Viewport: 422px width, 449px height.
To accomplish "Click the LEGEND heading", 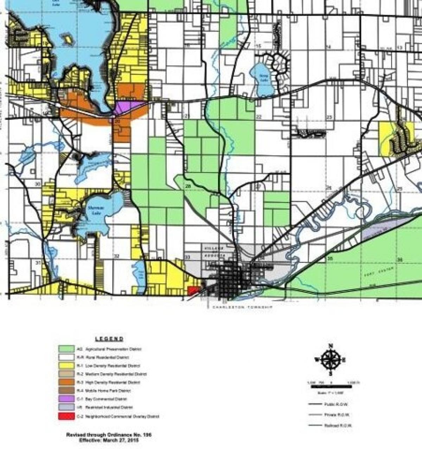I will (x=109, y=339).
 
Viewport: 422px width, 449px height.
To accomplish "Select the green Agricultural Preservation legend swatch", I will (x=66, y=349).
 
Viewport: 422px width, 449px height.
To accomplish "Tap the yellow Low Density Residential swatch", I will (x=66, y=366).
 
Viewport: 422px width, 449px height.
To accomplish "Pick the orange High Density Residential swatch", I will (x=66, y=382).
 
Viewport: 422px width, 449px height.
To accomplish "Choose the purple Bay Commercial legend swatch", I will (x=66, y=399).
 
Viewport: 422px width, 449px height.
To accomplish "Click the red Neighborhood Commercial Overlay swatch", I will (x=66, y=416).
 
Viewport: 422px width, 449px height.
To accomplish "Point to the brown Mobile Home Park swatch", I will (x=66, y=391).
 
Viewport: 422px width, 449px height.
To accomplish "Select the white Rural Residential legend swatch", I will (x=66, y=357).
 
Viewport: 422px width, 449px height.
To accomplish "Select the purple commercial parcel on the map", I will (x=128, y=107).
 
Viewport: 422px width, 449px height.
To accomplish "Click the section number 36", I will (x=399, y=259).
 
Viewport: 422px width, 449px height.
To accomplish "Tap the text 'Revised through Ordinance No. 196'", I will (x=109, y=435).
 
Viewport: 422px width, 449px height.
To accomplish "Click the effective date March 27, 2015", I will (x=109, y=440).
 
